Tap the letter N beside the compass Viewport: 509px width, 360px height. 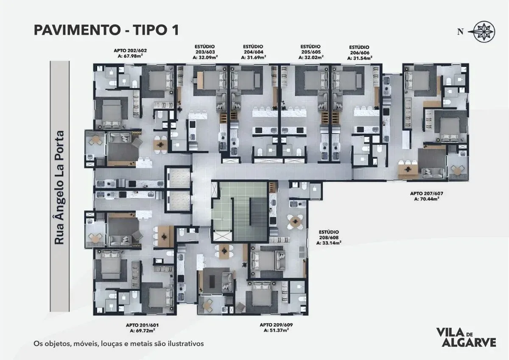tap(460, 31)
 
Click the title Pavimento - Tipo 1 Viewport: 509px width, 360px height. tap(106, 30)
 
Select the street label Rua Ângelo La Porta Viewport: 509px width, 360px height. tap(59, 188)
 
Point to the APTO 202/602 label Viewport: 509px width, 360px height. tap(130, 51)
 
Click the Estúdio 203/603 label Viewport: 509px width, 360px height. tap(204, 49)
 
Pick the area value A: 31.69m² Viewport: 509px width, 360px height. tap(253, 57)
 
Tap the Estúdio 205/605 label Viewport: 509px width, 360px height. tap(310, 49)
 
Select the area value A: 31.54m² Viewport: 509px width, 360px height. tap(359, 58)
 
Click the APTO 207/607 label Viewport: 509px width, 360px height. tap(427, 194)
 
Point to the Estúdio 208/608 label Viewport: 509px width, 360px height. tap(329, 235)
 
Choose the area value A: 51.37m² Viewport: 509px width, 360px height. tap(276, 330)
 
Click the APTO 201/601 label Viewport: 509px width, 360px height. tap(142, 325)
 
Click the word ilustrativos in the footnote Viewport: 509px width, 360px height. tap(186, 343)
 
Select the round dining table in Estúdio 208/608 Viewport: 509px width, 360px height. tap(295, 221)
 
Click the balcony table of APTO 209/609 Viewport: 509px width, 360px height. tap(208, 304)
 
